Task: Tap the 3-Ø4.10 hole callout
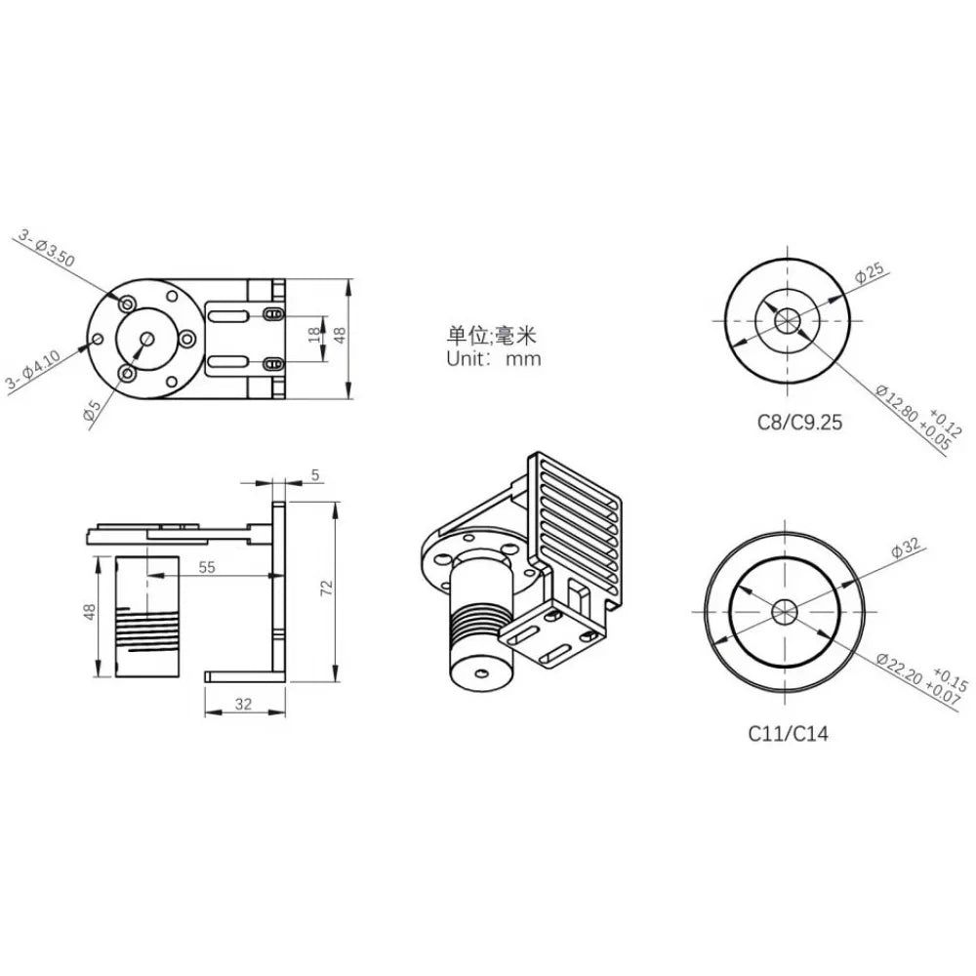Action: pyautogui.click(x=32, y=367)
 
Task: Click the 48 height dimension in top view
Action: pyautogui.click(x=340, y=334)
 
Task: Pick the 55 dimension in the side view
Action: pyautogui.click(x=208, y=565)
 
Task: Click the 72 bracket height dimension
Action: pyautogui.click(x=328, y=587)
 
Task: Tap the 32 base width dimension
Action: pyautogui.click(x=243, y=703)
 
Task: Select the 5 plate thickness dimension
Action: pyautogui.click(x=314, y=475)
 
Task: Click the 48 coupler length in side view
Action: pyautogui.click(x=89, y=613)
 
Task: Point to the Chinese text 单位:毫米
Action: pyautogui.click(x=493, y=335)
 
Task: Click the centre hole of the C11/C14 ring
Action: pyautogui.click(x=785, y=612)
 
